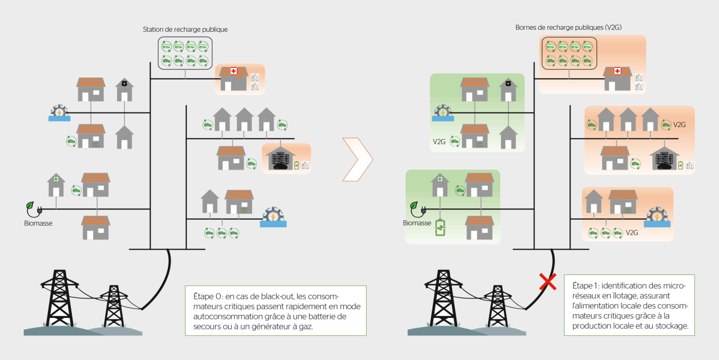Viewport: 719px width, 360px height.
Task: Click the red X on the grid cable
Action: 548,282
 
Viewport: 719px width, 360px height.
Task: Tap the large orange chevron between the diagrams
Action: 358,159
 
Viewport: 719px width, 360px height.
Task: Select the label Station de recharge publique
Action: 185,30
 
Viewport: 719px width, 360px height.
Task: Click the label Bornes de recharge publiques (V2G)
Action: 569,27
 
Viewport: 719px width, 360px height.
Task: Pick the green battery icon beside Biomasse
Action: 440,228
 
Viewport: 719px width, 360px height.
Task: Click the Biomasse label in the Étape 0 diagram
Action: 38,223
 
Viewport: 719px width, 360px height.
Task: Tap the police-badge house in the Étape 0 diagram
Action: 124,90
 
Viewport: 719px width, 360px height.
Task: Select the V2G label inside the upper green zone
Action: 439,142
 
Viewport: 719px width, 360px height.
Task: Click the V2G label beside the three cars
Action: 632,233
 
